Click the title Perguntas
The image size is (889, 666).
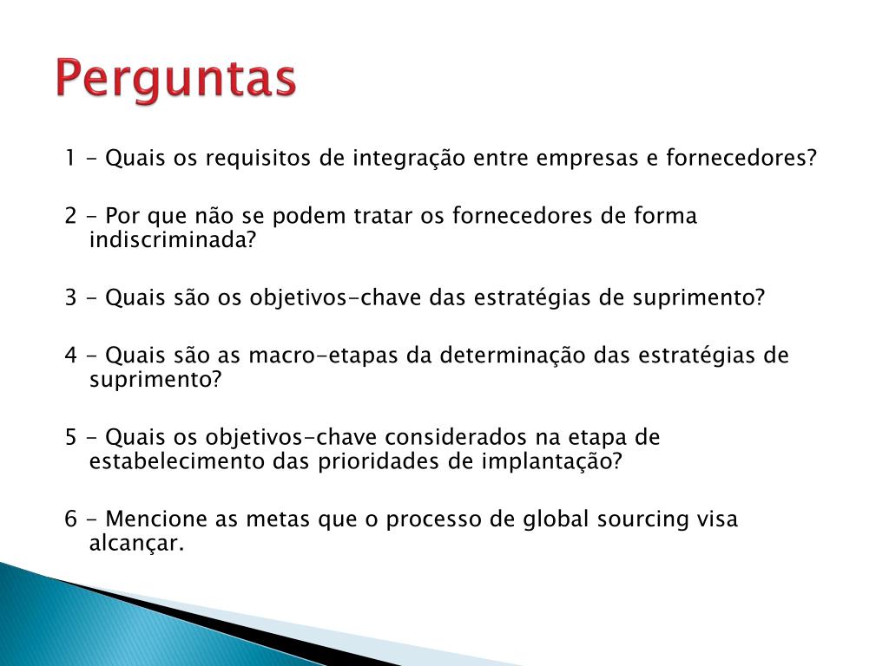point(176,79)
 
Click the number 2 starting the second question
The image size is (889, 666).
point(70,216)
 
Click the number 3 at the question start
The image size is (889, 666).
point(70,298)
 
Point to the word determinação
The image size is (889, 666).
point(506,356)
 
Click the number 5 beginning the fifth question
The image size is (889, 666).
point(70,437)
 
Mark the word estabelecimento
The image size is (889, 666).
point(177,461)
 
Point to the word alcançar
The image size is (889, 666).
point(137,545)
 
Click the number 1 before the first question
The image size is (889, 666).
point(69,160)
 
